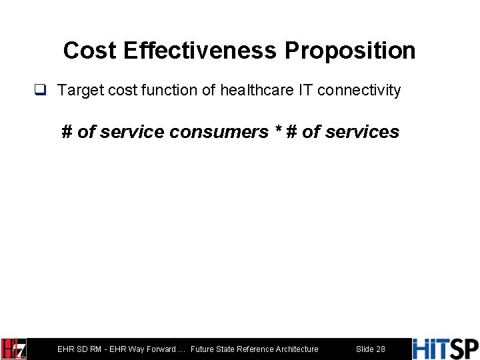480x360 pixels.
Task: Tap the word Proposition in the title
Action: pos(350,51)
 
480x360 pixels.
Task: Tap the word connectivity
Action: pos(360,90)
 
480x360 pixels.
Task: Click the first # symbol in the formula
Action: pos(67,132)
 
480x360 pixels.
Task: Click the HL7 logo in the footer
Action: pos(14,349)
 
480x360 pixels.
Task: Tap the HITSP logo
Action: pos(445,349)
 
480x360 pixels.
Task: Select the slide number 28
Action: pos(380,349)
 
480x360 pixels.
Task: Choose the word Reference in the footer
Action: pos(253,349)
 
